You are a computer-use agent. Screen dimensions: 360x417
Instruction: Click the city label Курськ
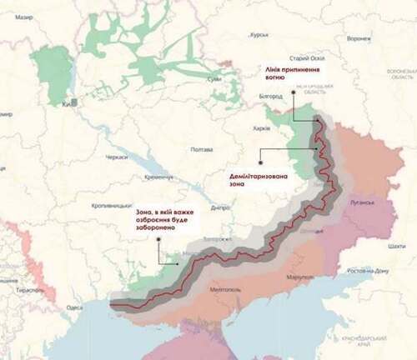tap(259, 36)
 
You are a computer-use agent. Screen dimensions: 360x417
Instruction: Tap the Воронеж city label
tap(359, 39)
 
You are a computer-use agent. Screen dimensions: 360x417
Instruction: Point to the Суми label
tap(214, 78)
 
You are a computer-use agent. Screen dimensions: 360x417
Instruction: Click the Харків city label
tap(262, 129)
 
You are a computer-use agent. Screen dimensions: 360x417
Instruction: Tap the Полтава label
tap(202, 149)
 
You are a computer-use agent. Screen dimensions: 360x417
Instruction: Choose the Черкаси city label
tap(117, 157)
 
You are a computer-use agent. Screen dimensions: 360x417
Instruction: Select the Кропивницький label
tap(111, 204)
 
